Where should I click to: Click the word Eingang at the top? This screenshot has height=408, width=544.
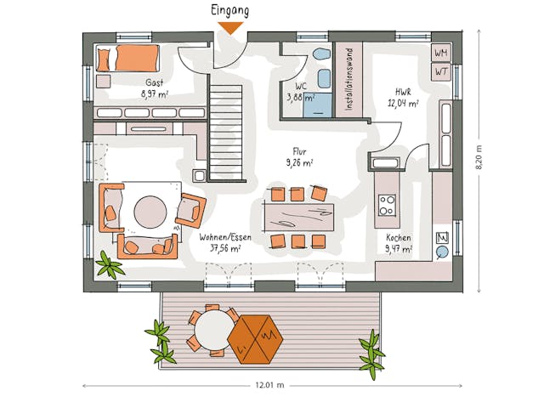point(230,11)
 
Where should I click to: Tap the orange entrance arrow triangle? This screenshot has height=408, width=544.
point(230,28)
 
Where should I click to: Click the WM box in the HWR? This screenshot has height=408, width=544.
point(441,53)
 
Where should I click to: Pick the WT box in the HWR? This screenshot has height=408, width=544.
point(441,71)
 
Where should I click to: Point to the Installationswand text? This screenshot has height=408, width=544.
point(348,78)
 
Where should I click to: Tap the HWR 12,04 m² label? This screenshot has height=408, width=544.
point(402,98)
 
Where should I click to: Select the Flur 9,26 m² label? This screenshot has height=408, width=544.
point(298,157)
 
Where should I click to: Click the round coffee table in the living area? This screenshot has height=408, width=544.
point(150,213)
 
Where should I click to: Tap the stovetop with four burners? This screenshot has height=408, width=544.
point(387,205)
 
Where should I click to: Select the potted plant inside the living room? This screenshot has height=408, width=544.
point(110,266)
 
